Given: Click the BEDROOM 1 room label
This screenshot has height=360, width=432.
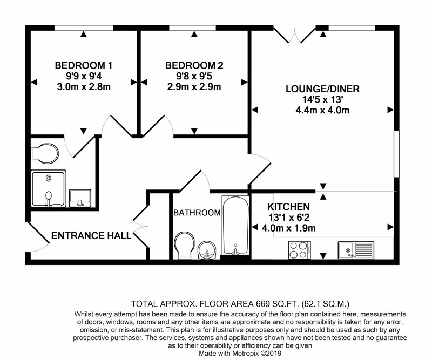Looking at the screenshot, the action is (x=84, y=65).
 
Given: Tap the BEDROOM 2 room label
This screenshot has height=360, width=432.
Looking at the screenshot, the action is (x=194, y=65).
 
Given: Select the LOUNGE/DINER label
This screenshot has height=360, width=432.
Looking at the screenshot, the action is (x=322, y=89).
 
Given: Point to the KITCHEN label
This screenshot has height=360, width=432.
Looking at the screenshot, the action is (x=289, y=207).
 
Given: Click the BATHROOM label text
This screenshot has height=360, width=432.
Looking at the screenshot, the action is (x=197, y=213).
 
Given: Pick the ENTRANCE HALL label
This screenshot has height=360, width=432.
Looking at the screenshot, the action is (x=91, y=236).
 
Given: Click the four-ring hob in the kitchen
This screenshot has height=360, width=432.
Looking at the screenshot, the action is (x=300, y=250).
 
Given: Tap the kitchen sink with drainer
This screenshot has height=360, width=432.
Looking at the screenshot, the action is (x=356, y=250).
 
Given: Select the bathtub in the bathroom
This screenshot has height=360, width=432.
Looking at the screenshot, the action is (x=235, y=225).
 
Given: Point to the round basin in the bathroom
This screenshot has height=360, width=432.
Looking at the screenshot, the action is (x=208, y=250).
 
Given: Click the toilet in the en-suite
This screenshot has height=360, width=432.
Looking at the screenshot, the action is (x=45, y=153).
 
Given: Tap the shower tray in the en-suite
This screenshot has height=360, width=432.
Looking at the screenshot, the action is (x=49, y=189).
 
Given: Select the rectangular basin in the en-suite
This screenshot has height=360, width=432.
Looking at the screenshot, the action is (x=80, y=198).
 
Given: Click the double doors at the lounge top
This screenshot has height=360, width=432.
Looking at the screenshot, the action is (x=294, y=35).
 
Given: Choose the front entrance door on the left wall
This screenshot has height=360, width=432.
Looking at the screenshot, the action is (x=38, y=236).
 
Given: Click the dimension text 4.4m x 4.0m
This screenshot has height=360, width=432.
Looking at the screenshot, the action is (x=322, y=111).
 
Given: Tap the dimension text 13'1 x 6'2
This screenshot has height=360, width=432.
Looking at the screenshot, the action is (x=289, y=218).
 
